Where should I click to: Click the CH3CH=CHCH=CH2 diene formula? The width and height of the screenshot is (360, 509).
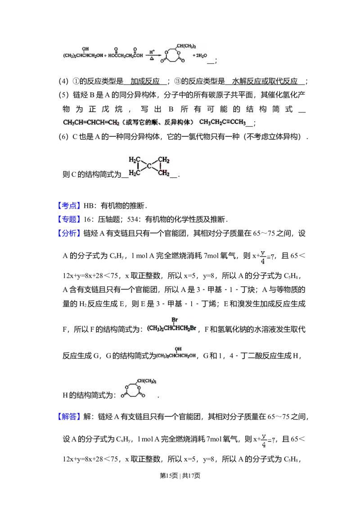[90, 122]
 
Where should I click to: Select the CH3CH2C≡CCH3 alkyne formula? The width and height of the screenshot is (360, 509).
[223, 122]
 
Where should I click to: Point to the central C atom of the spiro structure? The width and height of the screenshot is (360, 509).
[149, 166]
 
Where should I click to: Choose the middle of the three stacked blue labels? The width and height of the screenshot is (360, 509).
[69, 219]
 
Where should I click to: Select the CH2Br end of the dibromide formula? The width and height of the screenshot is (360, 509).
[189, 328]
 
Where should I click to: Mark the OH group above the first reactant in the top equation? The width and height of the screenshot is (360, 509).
[85, 49]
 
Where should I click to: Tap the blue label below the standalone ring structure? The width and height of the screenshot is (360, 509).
[69, 416]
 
